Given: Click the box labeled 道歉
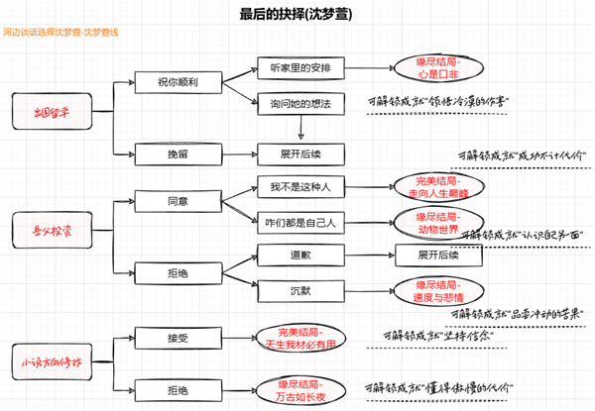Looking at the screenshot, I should click(x=300, y=256).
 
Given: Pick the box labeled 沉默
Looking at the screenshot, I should click(x=300, y=292).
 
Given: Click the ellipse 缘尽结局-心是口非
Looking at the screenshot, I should click(x=440, y=67).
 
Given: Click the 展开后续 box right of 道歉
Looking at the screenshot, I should click(x=437, y=256).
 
